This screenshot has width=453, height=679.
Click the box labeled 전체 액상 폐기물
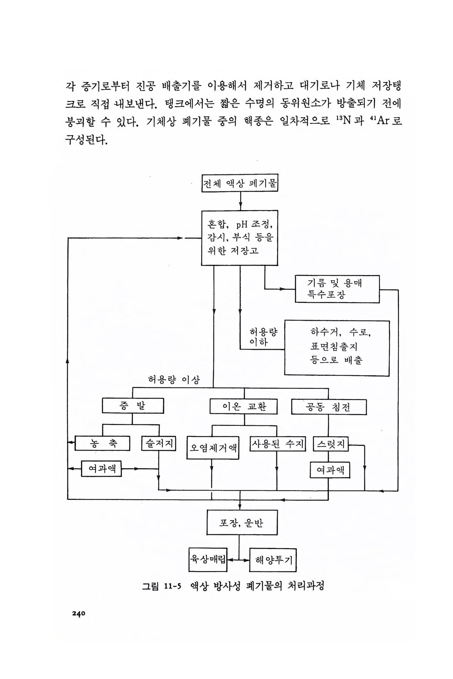[240, 184]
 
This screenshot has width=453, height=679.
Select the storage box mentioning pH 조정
[240, 238]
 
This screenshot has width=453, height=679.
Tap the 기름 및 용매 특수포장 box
[337, 289]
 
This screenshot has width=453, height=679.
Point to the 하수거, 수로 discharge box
[337, 348]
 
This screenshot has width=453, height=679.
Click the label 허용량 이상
[174, 380]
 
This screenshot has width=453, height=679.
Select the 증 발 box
[133, 406]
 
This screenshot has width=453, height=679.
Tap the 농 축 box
[102, 443]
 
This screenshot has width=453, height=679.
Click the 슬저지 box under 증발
[159, 443]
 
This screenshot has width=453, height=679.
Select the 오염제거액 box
[213, 448]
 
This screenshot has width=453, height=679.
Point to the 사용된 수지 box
[277, 444]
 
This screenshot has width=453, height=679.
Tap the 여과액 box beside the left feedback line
[102, 469]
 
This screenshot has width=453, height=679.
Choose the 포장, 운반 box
[242, 522]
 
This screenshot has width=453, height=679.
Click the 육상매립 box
[207, 559]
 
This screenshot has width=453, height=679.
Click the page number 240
[79, 613]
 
